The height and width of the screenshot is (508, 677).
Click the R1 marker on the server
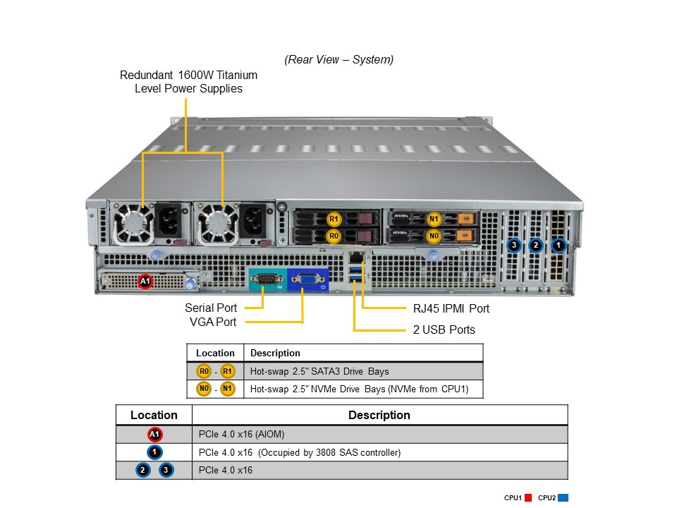pos(334,219)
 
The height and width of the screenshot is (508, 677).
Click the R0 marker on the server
pos(334,236)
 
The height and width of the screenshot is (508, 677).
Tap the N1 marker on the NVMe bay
pos(434,219)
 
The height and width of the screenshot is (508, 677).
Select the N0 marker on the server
pos(434,236)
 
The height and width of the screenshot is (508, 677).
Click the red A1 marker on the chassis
pos(145,282)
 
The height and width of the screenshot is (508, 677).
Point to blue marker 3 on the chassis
pos(514,246)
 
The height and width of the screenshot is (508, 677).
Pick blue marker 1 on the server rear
pos(558,246)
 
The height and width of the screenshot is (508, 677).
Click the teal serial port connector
pos(267,280)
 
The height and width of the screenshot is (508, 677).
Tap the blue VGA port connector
pos(307,280)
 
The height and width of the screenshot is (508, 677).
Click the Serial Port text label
pos(211,308)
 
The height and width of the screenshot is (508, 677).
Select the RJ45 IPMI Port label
pos(451,308)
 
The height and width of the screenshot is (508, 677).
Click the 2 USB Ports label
pos(444,329)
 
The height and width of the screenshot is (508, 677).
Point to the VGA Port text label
pos(213,322)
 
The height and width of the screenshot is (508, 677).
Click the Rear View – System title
pos(339,59)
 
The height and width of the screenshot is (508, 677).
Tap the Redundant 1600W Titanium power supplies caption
pos(188,82)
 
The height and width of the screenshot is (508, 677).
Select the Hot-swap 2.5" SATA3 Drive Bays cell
pos(319,371)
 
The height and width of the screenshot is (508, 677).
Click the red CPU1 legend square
pos(527,497)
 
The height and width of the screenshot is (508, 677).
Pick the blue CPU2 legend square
pos(563,497)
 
